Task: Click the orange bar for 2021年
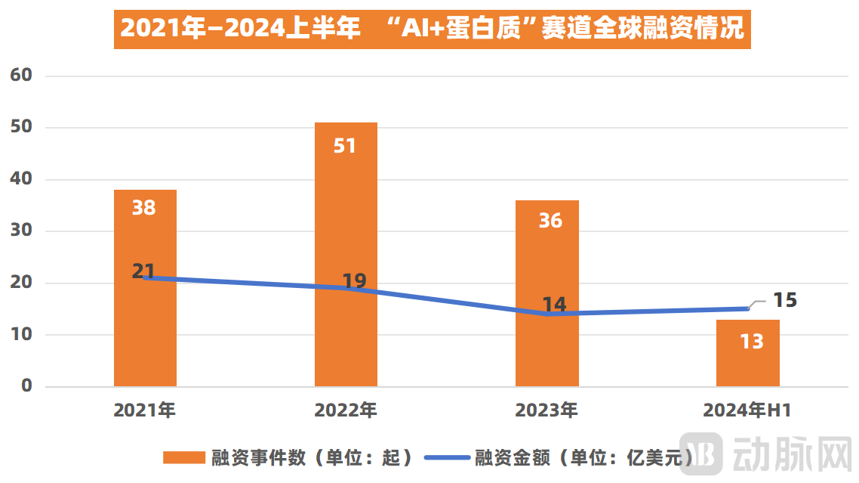tap(145, 333)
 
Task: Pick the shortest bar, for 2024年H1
tap(747, 363)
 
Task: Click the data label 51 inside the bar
tap(345, 145)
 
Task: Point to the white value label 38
tap(144, 208)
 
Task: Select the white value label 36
tap(550, 220)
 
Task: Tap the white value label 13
tap(752, 342)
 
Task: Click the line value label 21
tap(143, 271)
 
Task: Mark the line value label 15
tap(785, 300)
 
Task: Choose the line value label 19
tap(354, 281)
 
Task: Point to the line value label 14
tap(554, 305)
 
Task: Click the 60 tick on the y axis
tap(21, 76)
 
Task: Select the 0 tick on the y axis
tap(27, 386)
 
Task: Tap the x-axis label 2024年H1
tap(747, 410)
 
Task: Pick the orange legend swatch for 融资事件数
tap(184, 457)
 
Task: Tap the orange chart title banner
tap(432, 29)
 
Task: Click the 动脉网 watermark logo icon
tap(701, 454)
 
